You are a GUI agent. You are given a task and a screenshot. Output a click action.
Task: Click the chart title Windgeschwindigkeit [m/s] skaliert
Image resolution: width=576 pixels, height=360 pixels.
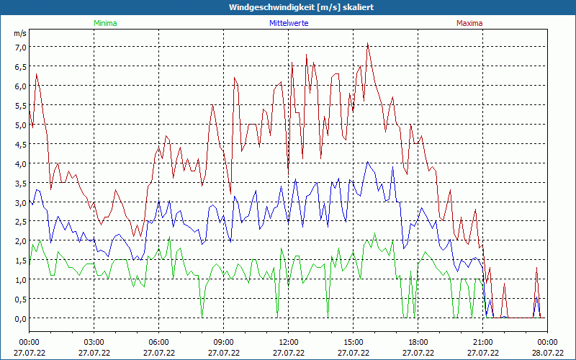pyautogui.click(x=291, y=7)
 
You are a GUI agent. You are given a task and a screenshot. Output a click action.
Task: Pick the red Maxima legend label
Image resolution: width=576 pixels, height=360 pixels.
pyautogui.click(x=469, y=23)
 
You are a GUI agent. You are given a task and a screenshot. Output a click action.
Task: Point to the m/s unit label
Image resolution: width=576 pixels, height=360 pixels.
pyautogui.click(x=20, y=34)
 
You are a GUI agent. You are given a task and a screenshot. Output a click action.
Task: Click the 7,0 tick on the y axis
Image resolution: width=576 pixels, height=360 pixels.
pyautogui.click(x=20, y=48)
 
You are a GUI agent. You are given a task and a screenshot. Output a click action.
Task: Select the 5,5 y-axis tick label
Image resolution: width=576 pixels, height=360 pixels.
pyautogui.click(x=20, y=105)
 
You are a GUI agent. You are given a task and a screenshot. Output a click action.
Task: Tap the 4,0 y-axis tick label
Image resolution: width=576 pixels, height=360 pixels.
pyautogui.click(x=20, y=163)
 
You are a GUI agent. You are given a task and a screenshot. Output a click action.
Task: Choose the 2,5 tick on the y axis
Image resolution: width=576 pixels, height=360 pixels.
pyautogui.click(x=20, y=222)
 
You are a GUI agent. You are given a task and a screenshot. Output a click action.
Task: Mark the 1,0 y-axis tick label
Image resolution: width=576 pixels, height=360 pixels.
pyautogui.click(x=20, y=279)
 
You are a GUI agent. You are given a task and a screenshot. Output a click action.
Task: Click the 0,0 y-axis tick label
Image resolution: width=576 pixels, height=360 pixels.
pyautogui.click(x=20, y=318)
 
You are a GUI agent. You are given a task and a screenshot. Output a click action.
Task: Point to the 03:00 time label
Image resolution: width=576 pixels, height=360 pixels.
pyautogui.click(x=94, y=342)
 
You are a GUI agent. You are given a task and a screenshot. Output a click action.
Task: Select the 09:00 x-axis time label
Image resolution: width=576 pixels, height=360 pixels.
pyautogui.click(x=224, y=342)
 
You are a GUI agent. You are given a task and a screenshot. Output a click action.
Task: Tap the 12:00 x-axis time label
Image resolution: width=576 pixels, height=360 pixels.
pyautogui.click(x=289, y=342)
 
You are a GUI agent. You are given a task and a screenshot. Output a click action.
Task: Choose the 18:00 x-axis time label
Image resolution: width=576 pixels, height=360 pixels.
pyautogui.click(x=418, y=342)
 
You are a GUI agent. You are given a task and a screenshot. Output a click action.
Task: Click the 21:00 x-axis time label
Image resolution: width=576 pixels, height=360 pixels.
pyautogui.click(x=483, y=342)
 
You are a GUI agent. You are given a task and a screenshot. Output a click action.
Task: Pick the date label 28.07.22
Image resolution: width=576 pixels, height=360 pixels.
pyautogui.click(x=548, y=353)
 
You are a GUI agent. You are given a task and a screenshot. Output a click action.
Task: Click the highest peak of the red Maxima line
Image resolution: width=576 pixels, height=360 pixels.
pyautogui.click(x=368, y=43)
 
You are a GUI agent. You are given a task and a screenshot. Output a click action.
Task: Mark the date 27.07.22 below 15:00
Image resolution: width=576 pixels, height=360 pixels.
pyautogui.click(x=354, y=353)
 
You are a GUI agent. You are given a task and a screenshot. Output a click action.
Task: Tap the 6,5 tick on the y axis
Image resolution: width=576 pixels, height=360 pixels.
pyautogui.click(x=20, y=67)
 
